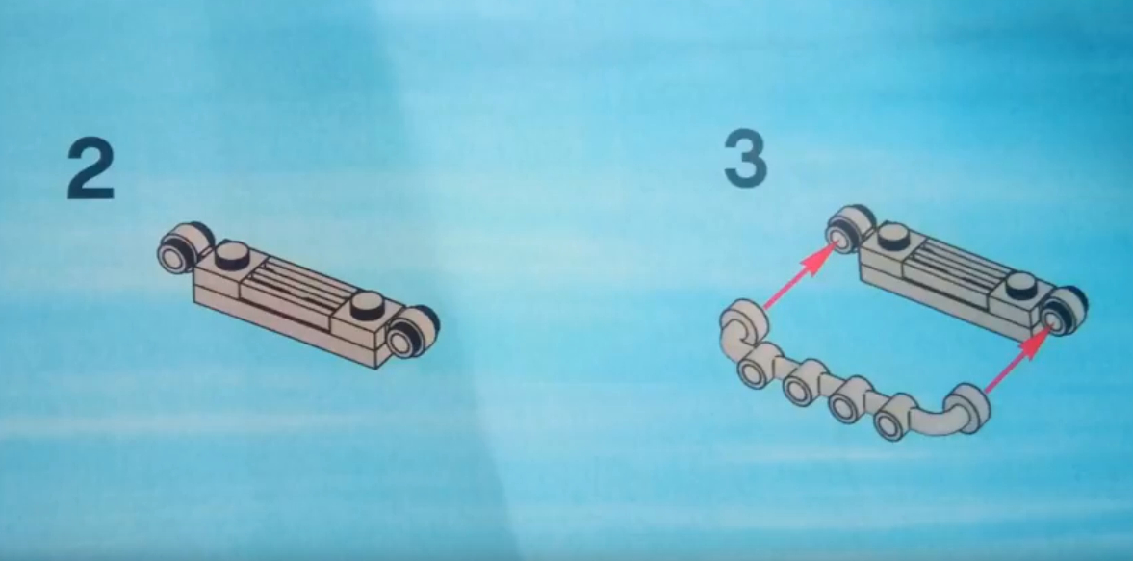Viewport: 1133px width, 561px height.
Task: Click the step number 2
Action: (x=90, y=169)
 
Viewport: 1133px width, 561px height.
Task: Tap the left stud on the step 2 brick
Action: (x=233, y=256)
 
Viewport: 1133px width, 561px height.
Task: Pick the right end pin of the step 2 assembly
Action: (x=412, y=332)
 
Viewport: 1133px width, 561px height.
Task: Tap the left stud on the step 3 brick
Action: (x=894, y=236)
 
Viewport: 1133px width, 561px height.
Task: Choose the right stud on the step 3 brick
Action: (x=1021, y=285)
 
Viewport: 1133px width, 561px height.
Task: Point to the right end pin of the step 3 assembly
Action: (x=1062, y=311)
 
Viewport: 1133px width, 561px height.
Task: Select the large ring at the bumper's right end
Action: (x=966, y=408)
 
